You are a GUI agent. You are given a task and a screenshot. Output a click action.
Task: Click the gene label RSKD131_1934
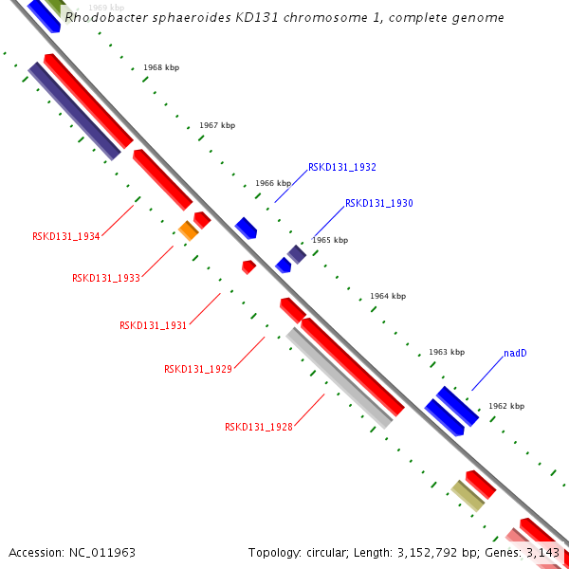tap(66, 236)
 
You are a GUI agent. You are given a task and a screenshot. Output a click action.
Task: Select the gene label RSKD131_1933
tap(106, 278)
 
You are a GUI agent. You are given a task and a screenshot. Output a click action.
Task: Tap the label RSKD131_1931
tap(153, 325)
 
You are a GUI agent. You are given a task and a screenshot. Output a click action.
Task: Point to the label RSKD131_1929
tap(197, 369)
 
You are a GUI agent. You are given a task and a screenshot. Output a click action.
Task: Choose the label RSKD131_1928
tap(258, 427)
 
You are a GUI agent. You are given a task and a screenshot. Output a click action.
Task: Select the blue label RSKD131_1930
tap(378, 203)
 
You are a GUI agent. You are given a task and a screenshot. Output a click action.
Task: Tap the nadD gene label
tap(515, 353)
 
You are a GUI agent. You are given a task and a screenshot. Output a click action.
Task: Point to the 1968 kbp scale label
tap(161, 67)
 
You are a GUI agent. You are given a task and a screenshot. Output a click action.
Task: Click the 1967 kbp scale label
tap(217, 125)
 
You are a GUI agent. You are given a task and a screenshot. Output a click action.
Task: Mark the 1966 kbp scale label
tap(273, 183)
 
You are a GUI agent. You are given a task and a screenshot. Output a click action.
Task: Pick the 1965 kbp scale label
tap(330, 240)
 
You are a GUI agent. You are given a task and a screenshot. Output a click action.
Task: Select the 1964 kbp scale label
tap(388, 296)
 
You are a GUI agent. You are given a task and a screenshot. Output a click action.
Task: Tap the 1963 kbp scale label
tap(447, 352)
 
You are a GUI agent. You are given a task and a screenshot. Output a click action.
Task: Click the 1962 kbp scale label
tap(505, 406)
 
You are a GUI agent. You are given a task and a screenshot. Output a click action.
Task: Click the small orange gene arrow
tap(188, 229)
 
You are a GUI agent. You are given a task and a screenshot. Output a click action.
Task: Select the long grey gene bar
tap(340, 377)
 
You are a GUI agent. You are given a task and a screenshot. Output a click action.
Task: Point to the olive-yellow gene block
tap(467, 495)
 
